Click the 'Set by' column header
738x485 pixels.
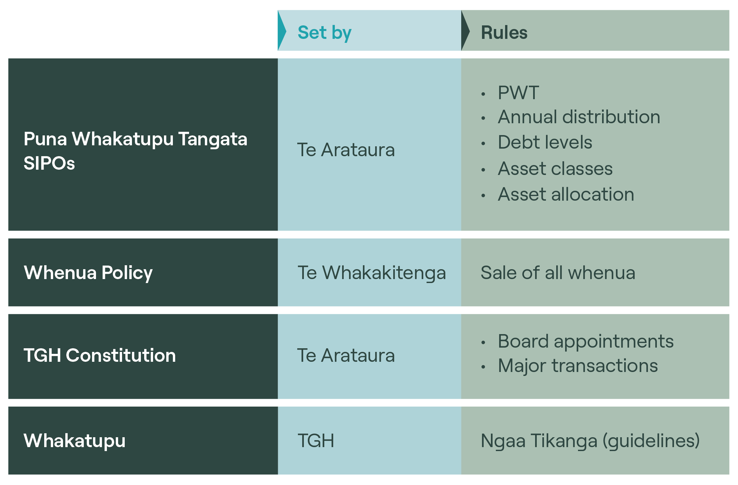click(324, 33)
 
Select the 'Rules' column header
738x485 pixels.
click(504, 33)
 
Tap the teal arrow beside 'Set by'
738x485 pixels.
click(281, 31)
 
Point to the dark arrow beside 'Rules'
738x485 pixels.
click(465, 31)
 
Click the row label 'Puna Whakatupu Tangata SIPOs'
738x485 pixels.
click(135, 151)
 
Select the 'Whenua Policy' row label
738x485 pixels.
click(88, 273)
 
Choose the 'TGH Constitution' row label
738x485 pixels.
click(100, 355)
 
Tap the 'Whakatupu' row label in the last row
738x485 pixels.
click(75, 441)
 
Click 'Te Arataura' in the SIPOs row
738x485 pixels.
click(346, 150)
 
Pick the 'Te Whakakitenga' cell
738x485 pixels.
click(372, 273)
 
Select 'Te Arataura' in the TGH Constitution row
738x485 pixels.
click(346, 355)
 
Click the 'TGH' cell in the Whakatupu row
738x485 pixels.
click(316, 441)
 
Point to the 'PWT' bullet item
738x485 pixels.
click(518, 93)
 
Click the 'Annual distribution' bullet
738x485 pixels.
click(579, 117)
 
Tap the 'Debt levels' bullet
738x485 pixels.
click(545, 142)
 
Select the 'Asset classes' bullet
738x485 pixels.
click(555, 168)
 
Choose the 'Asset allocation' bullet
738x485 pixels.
click(566, 194)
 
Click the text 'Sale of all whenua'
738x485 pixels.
click(558, 272)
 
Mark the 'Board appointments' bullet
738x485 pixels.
click(586, 341)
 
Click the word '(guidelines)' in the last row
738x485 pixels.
click(651, 441)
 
